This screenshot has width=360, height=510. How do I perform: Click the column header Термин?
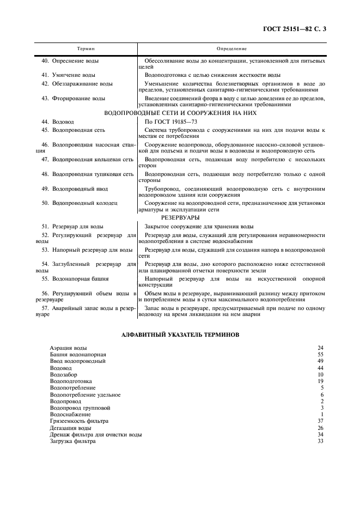[86, 48]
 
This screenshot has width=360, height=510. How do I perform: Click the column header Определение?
[231, 48]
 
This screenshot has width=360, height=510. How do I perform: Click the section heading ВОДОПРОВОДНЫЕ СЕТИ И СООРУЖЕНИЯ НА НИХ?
[180, 113]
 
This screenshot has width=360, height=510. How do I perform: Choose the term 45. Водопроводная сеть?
[74, 130]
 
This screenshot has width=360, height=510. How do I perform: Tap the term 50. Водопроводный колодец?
[79, 203]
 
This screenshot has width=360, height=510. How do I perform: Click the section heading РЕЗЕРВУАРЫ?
[180, 217]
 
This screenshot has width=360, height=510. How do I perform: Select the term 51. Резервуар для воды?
[74, 226]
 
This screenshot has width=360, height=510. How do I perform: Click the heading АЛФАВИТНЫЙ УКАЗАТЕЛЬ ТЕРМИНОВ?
[180, 335]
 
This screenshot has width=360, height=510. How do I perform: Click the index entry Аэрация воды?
[69, 347]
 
